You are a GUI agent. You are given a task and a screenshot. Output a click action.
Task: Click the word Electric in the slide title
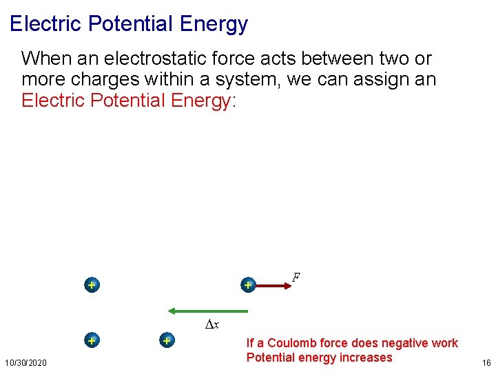[44, 24]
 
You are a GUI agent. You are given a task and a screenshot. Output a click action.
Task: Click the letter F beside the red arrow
[296, 278]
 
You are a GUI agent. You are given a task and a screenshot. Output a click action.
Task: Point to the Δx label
[212, 325]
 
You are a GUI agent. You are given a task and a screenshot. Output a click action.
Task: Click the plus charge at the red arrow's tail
[248, 285]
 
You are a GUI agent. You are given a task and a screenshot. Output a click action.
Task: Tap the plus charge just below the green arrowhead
[166, 340]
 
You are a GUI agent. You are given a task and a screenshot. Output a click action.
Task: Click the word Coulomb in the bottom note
[292, 343]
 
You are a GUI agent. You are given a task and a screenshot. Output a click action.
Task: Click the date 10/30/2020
[26, 362]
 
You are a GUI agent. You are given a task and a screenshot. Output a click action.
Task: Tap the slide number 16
[486, 362]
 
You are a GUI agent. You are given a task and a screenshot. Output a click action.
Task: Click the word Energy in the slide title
[213, 24]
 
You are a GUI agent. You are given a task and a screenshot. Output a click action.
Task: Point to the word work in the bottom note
[444, 343]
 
